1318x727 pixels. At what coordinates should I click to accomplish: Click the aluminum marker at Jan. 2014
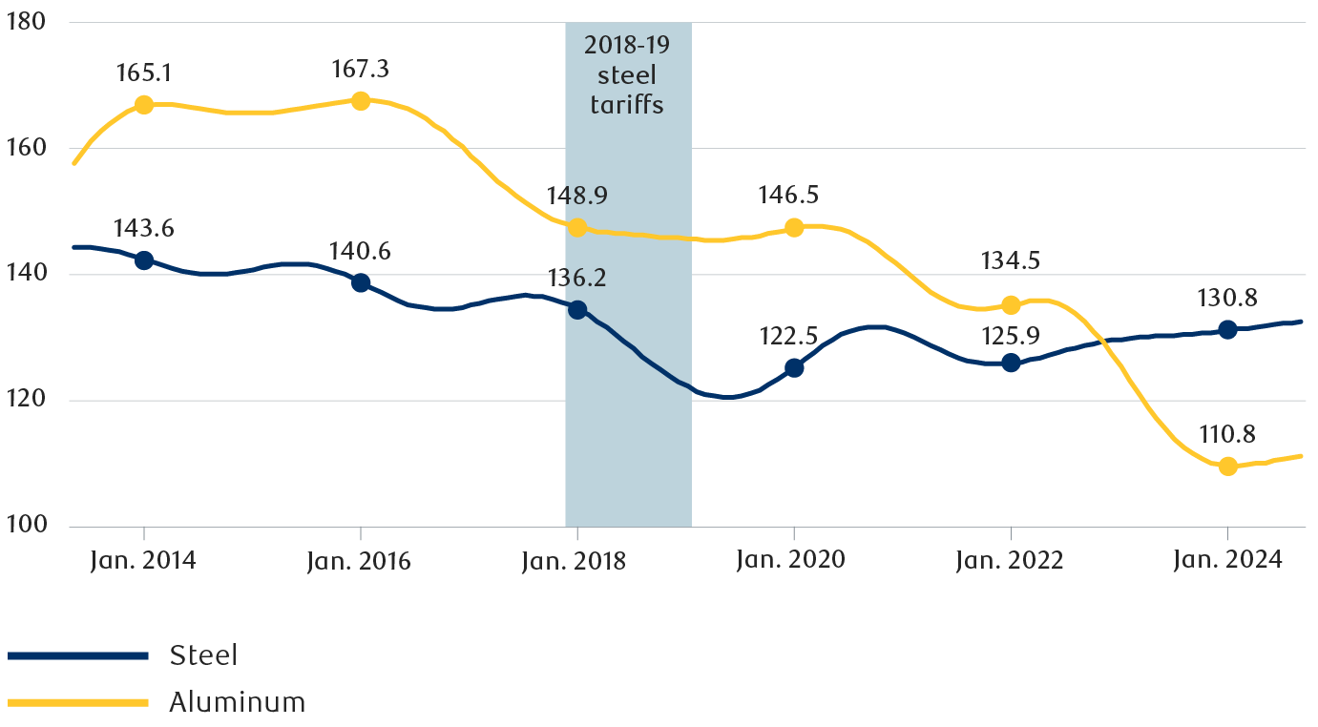(144, 105)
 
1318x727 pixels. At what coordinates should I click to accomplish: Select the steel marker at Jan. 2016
(361, 282)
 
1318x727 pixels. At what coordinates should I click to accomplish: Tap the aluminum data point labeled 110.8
(1228, 467)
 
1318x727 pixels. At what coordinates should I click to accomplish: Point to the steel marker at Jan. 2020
(794, 367)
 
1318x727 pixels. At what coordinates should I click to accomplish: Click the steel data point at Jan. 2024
(1228, 329)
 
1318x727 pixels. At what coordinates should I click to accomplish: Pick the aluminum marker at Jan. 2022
(1011, 305)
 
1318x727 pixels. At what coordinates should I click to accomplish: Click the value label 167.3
(361, 71)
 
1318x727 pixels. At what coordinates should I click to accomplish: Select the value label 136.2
(577, 280)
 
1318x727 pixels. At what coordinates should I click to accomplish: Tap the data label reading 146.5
(788, 197)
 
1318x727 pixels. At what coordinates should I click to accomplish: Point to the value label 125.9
(1010, 335)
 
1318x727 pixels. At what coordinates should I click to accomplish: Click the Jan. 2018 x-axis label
(575, 560)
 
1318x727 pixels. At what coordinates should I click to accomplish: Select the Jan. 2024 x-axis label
(1226, 560)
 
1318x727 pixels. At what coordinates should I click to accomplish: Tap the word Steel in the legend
(202, 655)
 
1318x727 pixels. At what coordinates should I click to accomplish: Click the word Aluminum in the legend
(238, 703)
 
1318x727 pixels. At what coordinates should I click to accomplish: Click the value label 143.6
(144, 229)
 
